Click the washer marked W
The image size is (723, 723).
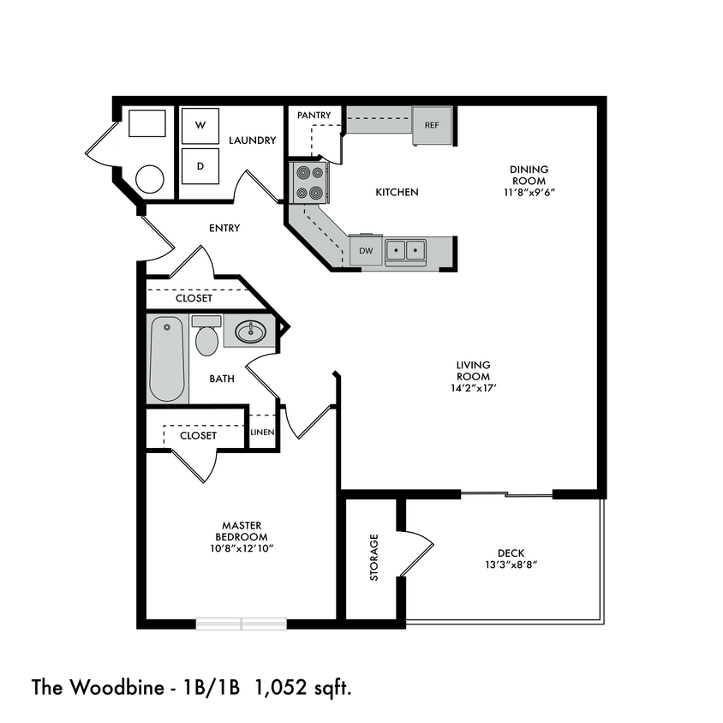coord(200,126)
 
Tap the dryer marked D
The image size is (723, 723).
coord(200,166)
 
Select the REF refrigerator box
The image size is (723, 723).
coord(431,125)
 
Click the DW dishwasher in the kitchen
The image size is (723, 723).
coord(366,251)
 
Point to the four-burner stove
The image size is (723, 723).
coord(309,182)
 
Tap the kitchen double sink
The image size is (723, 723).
coord(405,250)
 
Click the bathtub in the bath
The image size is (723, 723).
coord(167,359)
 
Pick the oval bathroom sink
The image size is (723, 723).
coord(252,331)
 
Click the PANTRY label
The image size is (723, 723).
coord(314,115)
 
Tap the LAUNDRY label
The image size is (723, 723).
coord(252,140)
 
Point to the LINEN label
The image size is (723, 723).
coord(262,433)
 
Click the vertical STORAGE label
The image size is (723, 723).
coord(373,558)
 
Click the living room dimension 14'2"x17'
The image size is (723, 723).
coord(473,388)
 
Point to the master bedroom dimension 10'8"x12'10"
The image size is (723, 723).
coord(241,548)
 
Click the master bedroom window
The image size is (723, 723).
coord(241,624)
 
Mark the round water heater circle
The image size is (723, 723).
coord(150,178)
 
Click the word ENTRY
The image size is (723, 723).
coord(224,228)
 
